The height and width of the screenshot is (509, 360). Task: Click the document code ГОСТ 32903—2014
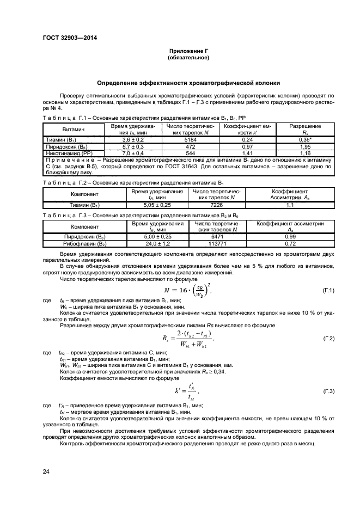tap(66, 38)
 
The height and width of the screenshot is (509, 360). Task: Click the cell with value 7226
tap(216, 205)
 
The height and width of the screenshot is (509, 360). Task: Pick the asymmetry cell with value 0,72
tap(290, 244)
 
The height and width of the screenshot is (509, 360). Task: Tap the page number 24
tap(46, 471)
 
